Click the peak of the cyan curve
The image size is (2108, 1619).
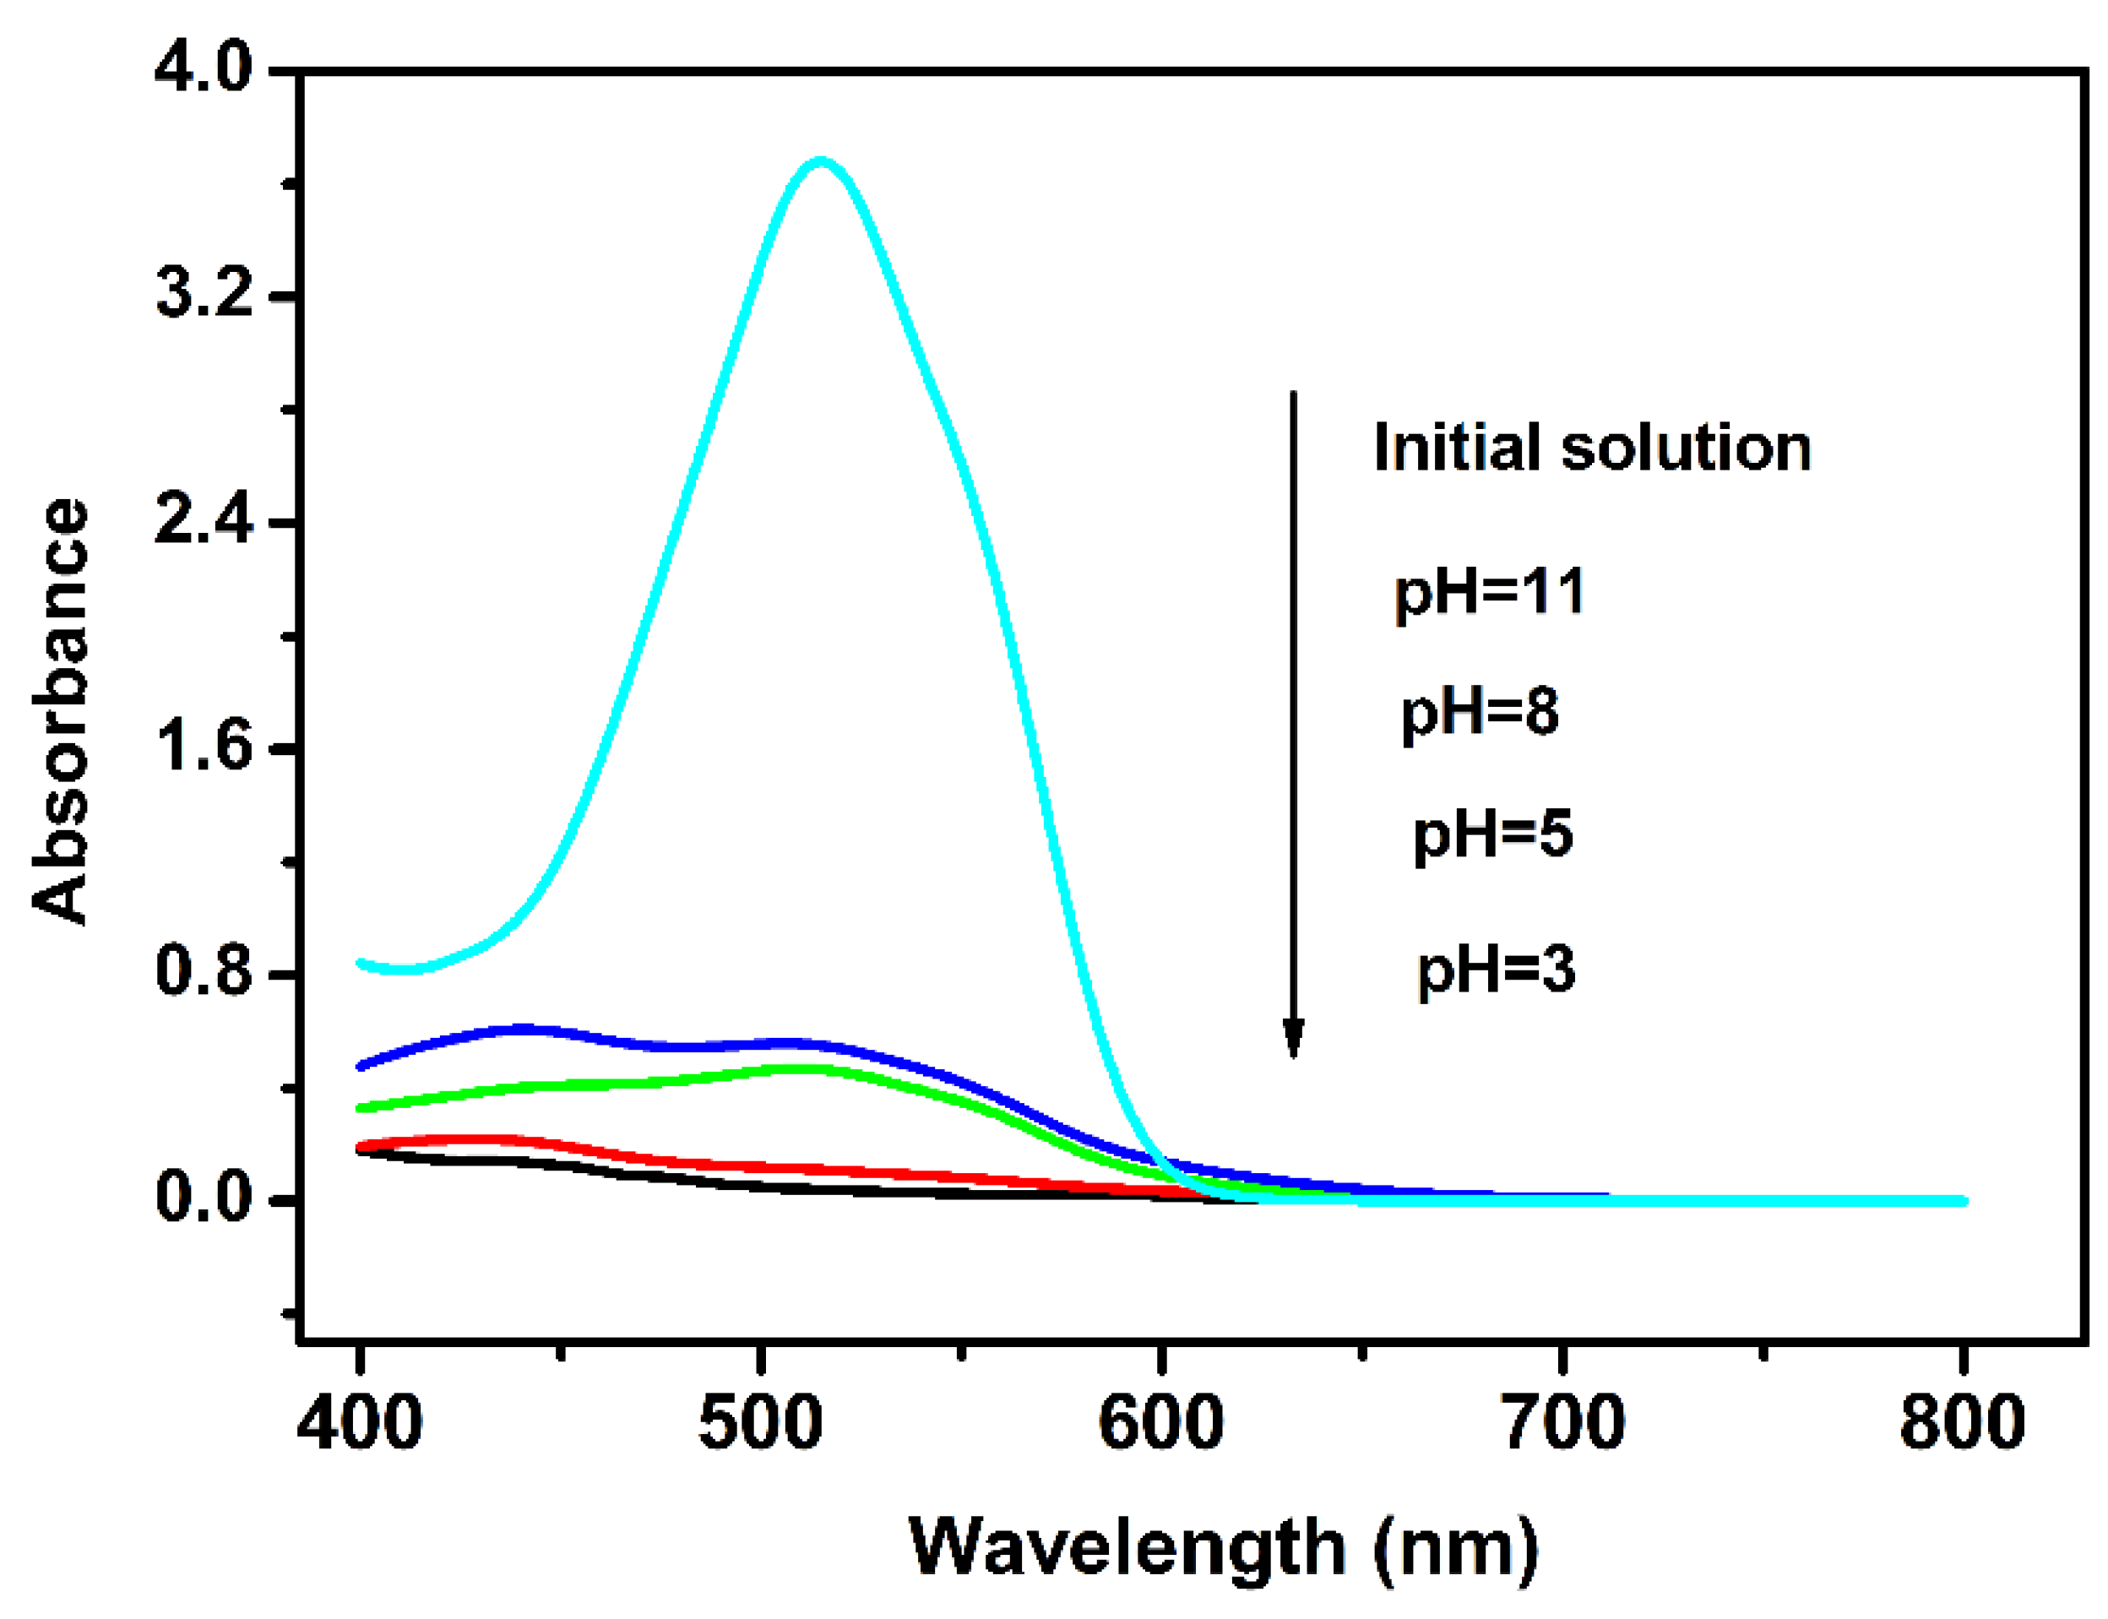click(820, 161)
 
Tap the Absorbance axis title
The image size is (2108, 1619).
click(60, 711)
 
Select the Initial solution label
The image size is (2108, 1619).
click(1592, 448)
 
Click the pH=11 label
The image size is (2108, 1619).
click(1490, 593)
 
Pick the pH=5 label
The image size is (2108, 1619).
click(1492, 835)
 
